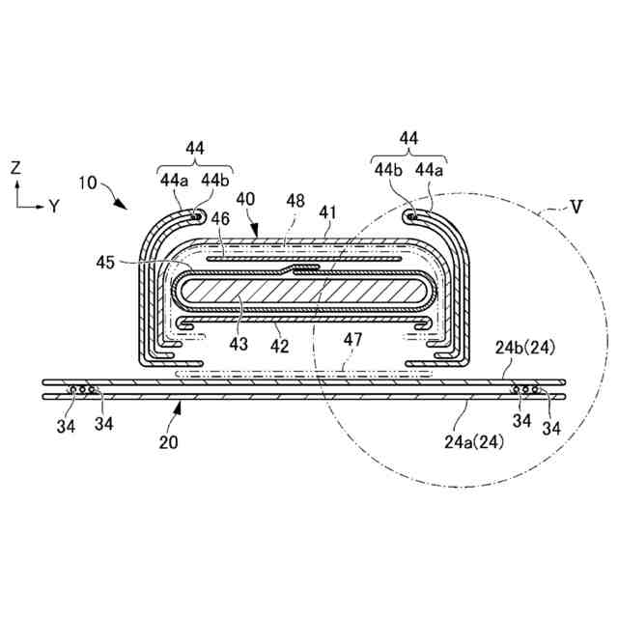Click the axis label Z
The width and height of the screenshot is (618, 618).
pos(15,167)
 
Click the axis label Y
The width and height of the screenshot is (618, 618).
pos(54,205)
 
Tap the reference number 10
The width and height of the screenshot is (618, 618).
pos(87,183)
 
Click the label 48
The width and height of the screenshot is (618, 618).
pos(295,200)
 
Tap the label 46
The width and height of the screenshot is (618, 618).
pos(221,219)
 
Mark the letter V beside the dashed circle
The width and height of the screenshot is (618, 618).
pos(576,205)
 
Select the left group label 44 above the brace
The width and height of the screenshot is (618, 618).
pos(195,148)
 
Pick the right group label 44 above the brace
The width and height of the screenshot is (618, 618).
pos(408,138)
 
